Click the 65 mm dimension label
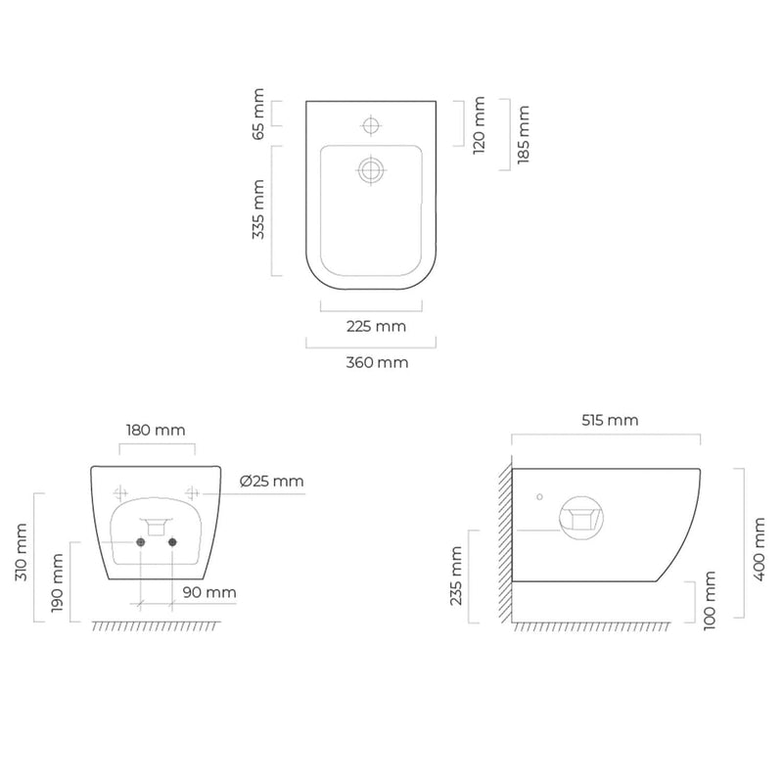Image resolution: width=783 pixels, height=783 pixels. coord(258,114)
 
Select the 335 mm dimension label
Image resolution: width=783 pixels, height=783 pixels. coord(258,209)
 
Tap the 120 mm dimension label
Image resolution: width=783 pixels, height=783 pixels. coord(479,125)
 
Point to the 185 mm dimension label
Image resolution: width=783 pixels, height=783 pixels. coord(524,134)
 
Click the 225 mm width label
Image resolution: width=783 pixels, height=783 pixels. coord(376,327)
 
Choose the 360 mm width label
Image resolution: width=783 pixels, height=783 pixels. coord(377,362)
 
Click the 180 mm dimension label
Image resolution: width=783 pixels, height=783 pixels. coord(156,430)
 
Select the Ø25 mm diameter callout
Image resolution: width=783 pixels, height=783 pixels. coord(272,482)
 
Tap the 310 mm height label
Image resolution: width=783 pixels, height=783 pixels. coord(21,552)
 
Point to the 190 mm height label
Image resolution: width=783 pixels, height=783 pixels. coord(58,582)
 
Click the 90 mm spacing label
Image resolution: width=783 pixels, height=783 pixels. coord(209,593)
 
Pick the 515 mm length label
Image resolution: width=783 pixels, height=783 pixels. coord(610,421)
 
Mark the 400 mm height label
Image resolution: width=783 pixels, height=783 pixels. coord(760,549)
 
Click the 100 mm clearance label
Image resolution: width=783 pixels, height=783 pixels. coord(710,601)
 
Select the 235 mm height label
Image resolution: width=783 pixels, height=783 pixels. coord(456,576)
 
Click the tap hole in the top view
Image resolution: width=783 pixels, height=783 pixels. coord(371,125)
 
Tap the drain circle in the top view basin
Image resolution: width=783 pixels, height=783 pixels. coord(371,170)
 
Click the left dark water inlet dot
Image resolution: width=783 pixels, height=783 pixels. coord(141,542)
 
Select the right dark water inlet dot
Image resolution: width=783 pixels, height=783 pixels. coord(172,542)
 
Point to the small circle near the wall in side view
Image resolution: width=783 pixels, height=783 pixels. coord(539,497)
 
